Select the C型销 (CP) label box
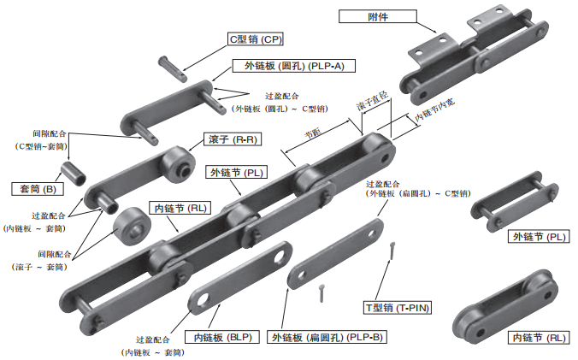coord(255,39)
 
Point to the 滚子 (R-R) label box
coord(232,139)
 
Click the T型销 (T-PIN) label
coord(397,306)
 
